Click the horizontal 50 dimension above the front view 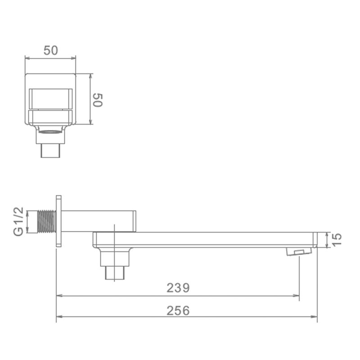pyautogui.click(x=50, y=50)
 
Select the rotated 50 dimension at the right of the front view pyautogui.click(x=98, y=100)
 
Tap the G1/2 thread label pyautogui.click(x=18, y=222)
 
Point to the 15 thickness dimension pyautogui.click(x=337, y=239)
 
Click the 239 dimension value pyautogui.click(x=178, y=288)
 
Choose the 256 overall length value pyautogui.click(x=178, y=310)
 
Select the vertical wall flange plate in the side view pyautogui.click(x=58, y=220)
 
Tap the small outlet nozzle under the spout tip pyautogui.click(x=299, y=251)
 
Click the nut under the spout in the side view pyautogui.click(x=116, y=258)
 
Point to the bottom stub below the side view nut pyautogui.click(x=115, y=273)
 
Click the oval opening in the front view pyautogui.click(x=50, y=132)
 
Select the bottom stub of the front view pyautogui.click(x=50, y=150)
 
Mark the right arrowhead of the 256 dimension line pyautogui.click(x=315, y=316)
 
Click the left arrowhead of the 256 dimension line pyautogui.click(x=58, y=316)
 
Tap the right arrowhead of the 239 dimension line pyautogui.click(x=297, y=296)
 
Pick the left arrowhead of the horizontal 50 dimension pyautogui.click(x=27, y=58)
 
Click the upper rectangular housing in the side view pyautogui.click(x=99, y=220)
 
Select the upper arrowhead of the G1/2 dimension pyautogui.click(x=28, y=212)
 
